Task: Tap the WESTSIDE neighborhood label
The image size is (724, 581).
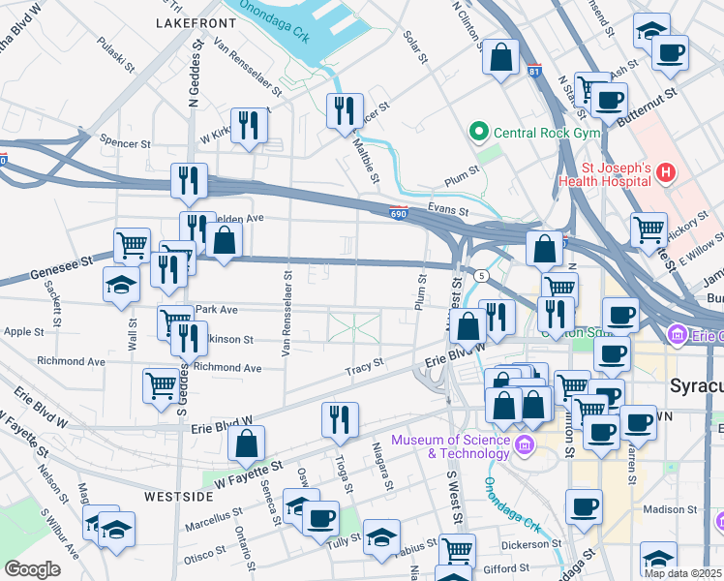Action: [x=179, y=496]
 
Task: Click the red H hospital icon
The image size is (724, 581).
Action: [x=665, y=173]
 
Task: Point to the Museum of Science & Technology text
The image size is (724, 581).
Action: [x=450, y=446]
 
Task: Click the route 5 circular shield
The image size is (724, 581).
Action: [x=481, y=275]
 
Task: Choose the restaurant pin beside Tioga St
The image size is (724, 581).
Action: [x=340, y=419]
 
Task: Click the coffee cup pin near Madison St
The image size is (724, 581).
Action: [x=584, y=506]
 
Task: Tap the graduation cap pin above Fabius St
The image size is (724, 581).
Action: [x=381, y=535]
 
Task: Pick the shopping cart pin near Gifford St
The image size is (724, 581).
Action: [x=457, y=552]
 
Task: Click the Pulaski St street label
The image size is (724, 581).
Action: [x=117, y=56]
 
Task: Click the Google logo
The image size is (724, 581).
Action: [x=32, y=568]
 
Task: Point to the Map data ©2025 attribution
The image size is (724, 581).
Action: [x=681, y=572]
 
